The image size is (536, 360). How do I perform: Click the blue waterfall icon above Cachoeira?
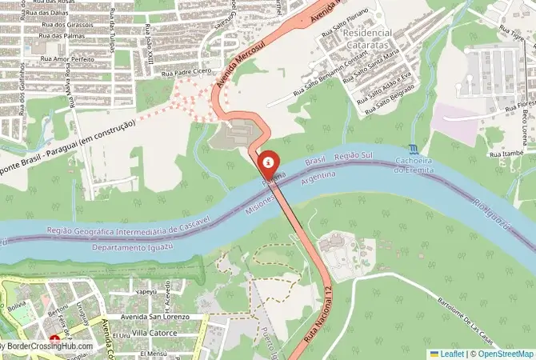coord(412,149)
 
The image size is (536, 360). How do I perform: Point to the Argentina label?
coord(318,177)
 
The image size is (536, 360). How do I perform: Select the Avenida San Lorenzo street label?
coord(143,317)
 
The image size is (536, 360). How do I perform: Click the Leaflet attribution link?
coord(451,353)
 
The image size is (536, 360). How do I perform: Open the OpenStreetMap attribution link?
coord(505,353)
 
